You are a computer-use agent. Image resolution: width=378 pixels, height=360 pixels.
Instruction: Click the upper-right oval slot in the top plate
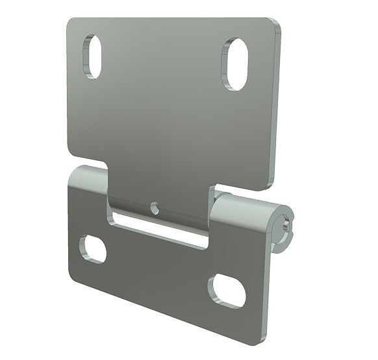click(x=236, y=63)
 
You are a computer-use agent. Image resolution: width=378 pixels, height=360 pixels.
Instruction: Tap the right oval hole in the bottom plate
click(x=223, y=286)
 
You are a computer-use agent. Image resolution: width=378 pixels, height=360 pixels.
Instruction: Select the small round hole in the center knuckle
click(x=154, y=208)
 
